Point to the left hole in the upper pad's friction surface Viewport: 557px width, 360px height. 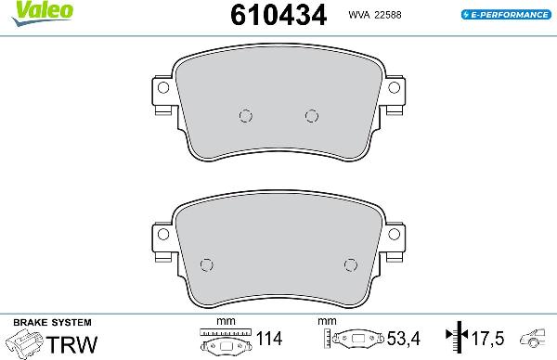click(x=245, y=115)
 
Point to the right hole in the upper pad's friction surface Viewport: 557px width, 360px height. click(x=311, y=115)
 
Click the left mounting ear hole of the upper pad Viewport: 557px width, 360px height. click(x=163, y=89)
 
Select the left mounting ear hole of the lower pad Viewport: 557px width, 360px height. click(x=162, y=236)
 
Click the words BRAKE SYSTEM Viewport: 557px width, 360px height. click(x=38, y=320)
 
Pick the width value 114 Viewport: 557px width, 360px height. click(x=270, y=338)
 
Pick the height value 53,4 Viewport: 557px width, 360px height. click(x=396, y=338)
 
